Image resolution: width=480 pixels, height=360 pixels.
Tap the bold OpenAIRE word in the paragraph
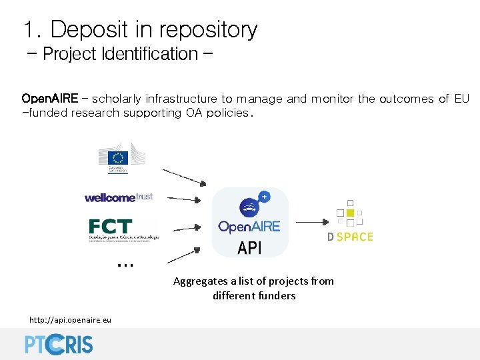pos(50,99)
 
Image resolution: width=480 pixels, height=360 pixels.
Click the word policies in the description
pos(227,113)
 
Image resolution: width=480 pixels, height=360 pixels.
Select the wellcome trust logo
pos(119,197)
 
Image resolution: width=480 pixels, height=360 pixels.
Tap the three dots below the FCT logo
pos(125,265)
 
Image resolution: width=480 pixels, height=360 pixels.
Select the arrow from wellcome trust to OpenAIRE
pos(184,198)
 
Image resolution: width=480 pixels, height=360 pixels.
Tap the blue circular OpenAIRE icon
pos(251,205)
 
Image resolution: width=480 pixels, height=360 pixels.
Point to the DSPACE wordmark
pos(350,237)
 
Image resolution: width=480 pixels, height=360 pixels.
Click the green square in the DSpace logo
pos(350,213)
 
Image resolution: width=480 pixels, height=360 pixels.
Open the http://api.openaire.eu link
pos(70,320)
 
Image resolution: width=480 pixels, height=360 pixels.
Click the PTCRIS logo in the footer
pos(59,343)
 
